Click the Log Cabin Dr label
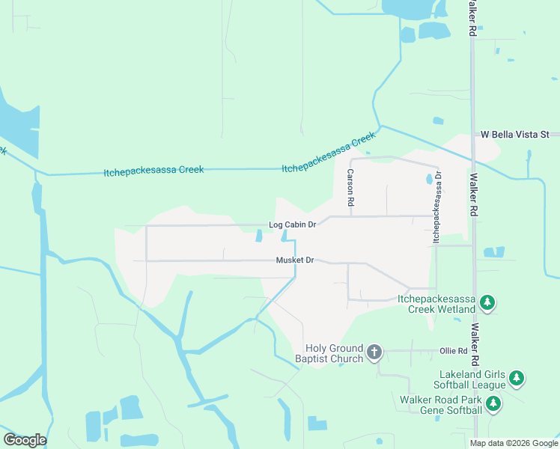(293, 224)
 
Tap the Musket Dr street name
(294, 260)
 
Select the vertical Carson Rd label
(350, 188)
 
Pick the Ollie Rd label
(453, 350)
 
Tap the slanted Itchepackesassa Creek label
(328, 153)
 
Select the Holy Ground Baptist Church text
(334, 353)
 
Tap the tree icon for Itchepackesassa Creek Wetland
(487, 302)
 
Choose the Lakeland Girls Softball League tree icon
(517, 379)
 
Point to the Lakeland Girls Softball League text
(472, 379)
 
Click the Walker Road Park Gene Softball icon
(493, 404)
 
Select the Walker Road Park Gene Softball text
(442, 406)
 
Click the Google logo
(25, 440)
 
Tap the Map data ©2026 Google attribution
(514, 443)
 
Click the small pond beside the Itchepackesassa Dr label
(429, 180)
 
